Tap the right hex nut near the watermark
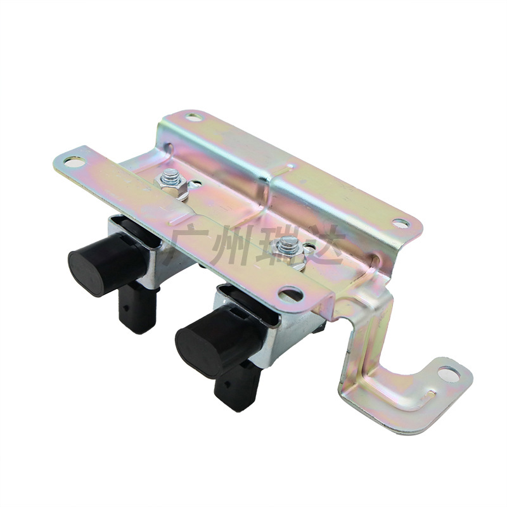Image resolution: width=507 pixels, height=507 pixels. (x=288, y=247)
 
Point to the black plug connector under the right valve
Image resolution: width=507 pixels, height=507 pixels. (x=238, y=387)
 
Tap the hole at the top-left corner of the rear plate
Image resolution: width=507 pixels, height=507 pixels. (x=194, y=117)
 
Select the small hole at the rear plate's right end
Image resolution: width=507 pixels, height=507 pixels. (x=401, y=223)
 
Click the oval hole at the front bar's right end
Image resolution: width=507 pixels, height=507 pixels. (x=290, y=293)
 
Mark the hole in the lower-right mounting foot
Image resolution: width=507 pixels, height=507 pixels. (x=449, y=375)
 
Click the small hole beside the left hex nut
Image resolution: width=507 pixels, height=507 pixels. (x=195, y=184)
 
